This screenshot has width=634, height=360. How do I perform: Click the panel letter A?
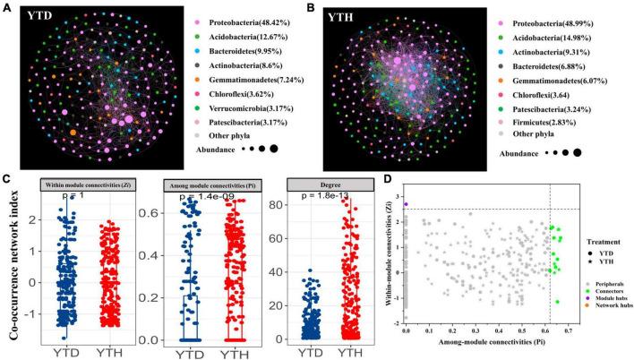point(8,8)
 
